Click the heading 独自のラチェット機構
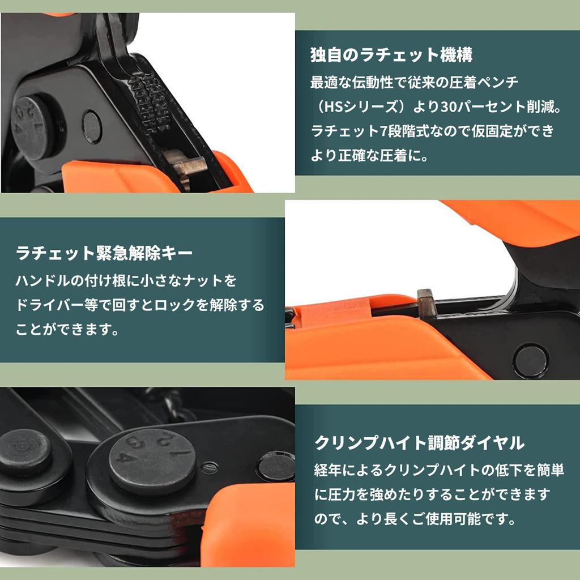(391, 55)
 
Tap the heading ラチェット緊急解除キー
(105, 253)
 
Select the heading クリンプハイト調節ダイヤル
(420, 442)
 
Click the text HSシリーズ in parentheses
(362, 106)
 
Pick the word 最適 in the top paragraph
(323, 82)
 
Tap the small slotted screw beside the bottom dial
(210, 467)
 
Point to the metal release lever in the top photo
(187, 167)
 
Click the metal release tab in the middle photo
(426, 303)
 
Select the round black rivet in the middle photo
(531, 360)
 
